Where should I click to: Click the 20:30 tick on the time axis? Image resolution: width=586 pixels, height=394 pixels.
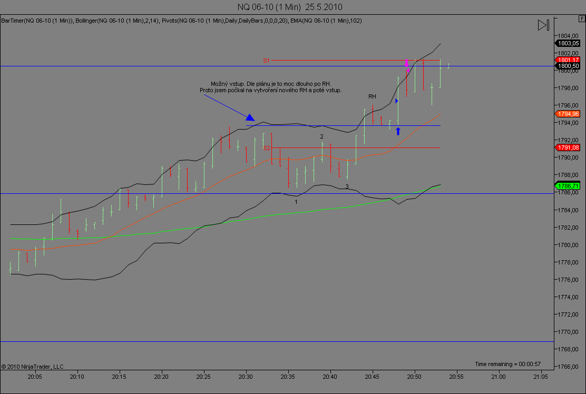click(246, 377)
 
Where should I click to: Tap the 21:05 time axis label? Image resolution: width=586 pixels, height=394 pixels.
click(541, 377)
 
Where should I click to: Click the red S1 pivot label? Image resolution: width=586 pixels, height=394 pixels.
click(267, 61)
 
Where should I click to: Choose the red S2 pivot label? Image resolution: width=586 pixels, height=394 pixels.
click(267, 148)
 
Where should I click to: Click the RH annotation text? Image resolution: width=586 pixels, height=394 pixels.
click(372, 96)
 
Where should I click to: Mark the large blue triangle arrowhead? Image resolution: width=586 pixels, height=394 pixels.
click(250, 117)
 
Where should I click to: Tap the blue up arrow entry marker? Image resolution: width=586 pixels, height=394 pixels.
click(398, 131)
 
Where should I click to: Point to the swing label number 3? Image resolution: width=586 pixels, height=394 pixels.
click(347, 186)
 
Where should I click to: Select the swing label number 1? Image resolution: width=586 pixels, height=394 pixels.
click(296, 202)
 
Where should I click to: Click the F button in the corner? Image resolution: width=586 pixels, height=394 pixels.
click(581, 18)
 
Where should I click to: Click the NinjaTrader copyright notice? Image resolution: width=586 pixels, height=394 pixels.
click(33, 366)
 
